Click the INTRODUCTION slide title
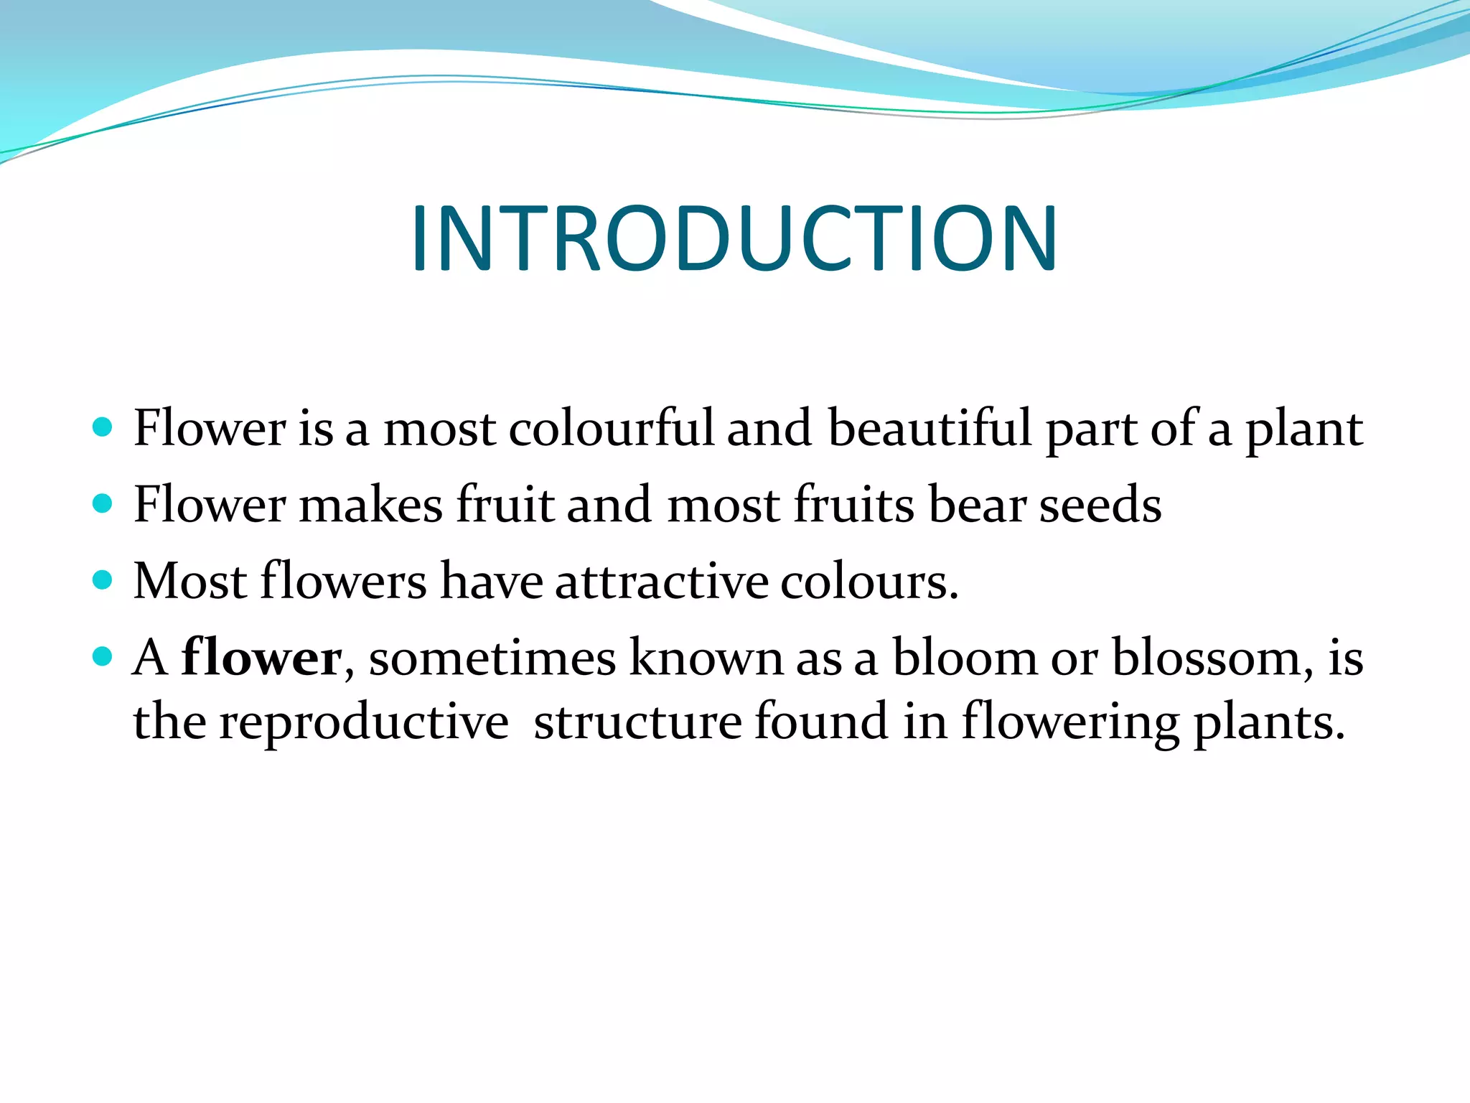(734, 239)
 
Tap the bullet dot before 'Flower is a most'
(103, 427)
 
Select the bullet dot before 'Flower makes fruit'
(103, 503)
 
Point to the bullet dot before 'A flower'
(103, 656)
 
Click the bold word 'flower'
(261, 657)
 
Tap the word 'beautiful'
(930, 429)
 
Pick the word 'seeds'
(1100, 505)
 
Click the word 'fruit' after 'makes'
(505, 505)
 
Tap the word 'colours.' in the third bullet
(869, 581)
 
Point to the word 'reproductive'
(364, 722)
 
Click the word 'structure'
(637, 722)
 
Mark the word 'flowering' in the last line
(1070, 722)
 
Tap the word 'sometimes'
(492, 657)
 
